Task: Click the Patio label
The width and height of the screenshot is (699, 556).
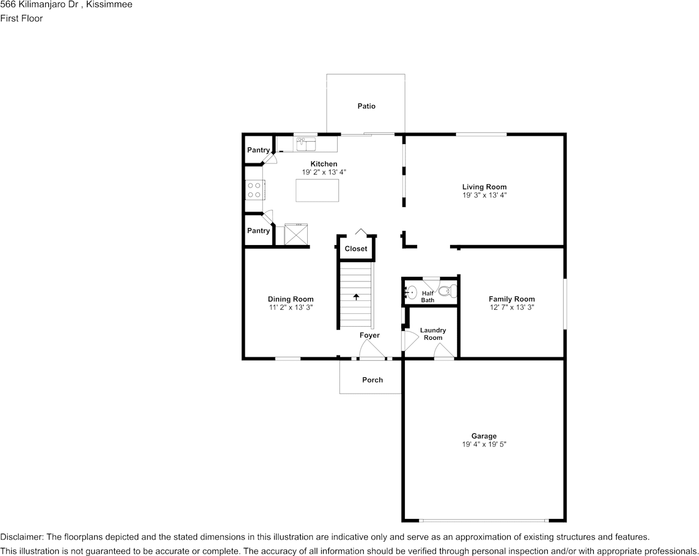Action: [367, 106]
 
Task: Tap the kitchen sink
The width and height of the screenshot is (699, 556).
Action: [306, 144]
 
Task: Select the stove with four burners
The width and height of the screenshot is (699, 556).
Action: [255, 190]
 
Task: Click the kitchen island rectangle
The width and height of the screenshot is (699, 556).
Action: [317, 190]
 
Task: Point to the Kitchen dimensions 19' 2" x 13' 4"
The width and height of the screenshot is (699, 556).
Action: [324, 172]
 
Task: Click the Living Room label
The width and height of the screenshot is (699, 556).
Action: [484, 187]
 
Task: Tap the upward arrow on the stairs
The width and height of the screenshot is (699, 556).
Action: [356, 296]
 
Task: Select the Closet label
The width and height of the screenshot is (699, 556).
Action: [356, 249]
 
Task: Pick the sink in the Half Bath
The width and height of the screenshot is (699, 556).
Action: [411, 293]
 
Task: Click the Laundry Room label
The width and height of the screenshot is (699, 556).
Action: [433, 334]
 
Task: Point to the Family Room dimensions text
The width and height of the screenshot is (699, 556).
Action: [512, 307]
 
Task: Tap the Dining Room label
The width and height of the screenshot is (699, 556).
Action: [291, 299]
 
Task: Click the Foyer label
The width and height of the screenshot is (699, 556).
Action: [370, 335]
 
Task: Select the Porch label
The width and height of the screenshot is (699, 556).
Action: [372, 380]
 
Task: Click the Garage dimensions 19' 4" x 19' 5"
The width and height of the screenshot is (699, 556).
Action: [484, 444]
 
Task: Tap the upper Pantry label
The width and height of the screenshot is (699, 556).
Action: [258, 150]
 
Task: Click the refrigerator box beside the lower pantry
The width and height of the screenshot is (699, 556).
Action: [296, 234]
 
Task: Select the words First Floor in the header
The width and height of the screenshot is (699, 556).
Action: [21, 18]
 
